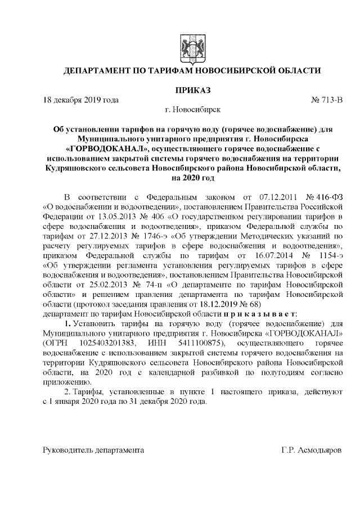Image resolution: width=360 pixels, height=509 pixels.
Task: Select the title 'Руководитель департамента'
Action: click(93, 451)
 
